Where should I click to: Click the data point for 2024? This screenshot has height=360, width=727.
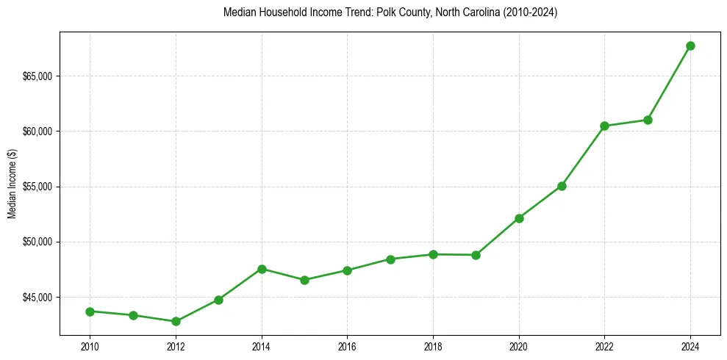point(690,46)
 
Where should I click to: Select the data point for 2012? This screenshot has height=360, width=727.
point(176,321)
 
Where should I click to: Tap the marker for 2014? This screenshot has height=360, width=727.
point(262,269)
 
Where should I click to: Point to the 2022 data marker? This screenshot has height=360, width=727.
point(604,126)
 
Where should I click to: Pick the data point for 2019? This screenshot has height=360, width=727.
point(476,255)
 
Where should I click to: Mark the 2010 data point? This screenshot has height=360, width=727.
point(90,312)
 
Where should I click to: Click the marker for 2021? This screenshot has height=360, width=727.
point(562,186)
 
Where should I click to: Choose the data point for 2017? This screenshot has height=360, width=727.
point(390,259)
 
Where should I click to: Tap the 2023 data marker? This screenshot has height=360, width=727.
point(648,120)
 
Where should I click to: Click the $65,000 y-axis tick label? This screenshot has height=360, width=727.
point(37,76)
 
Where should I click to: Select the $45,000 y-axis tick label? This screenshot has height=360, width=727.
point(37,298)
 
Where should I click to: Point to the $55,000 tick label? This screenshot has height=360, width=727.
point(37,187)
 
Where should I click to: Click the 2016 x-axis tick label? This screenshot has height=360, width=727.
point(347,346)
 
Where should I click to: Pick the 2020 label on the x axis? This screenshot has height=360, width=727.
point(519,346)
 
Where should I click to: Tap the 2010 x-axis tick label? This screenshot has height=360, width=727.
point(90,346)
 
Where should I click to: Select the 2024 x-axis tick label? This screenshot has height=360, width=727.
point(690,346)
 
